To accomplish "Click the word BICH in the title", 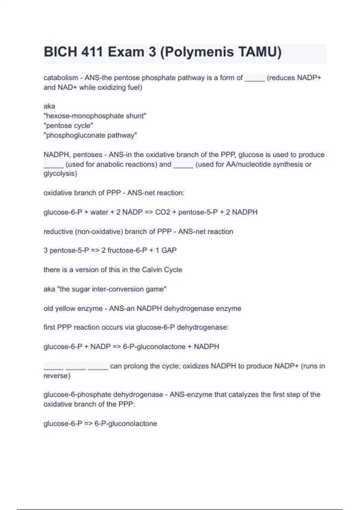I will (60, 52).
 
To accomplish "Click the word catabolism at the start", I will (61, 78).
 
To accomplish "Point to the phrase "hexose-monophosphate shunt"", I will (95, 116).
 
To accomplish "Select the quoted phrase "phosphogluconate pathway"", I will (90, 135).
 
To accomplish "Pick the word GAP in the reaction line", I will (169, 250).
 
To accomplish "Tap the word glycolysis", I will (60, 174).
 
